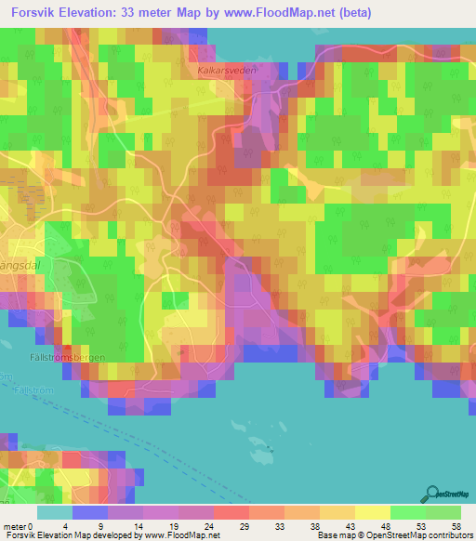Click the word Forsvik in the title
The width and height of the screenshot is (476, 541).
point(36,13)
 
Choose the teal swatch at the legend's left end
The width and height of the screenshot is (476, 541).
point(54,512)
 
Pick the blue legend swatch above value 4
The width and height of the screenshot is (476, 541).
point(89,512)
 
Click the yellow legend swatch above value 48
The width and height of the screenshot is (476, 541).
point(372,512)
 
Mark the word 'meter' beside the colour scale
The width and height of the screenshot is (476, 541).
point(14,525)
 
